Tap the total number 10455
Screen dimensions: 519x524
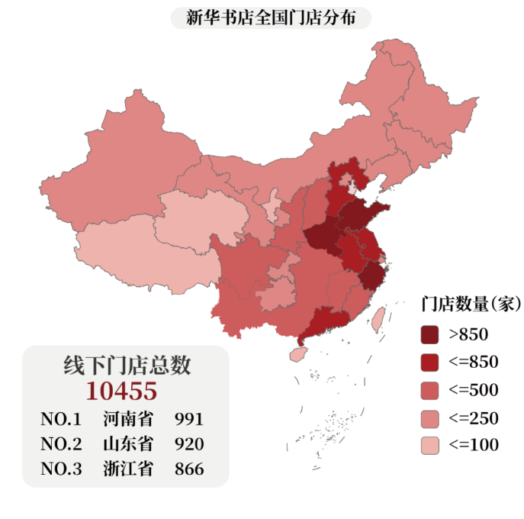pyautogui.click(x=121, y=391)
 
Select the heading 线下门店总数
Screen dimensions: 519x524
pyautogui.click(x=127, y=365)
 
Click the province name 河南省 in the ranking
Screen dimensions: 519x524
pyautogui.click(x=127, y=419)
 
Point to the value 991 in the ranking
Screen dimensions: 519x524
pyautogui.click(x=189, y=419)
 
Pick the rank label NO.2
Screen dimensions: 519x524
pyautogui.click(x=61, y=444)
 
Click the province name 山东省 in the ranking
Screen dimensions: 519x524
pyautogui.click(x=127, y=444)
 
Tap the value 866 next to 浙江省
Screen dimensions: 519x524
pyautogui.click(x=189, y=469)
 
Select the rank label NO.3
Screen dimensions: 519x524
pyautogui.click(x=61, y=469)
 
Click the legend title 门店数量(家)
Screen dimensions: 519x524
pyautogui.click(x=471, y=305)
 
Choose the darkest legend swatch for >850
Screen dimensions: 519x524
pyautogui.click(x=430, y=334)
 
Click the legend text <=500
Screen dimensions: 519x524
pyautogui.click(x=473, y=390)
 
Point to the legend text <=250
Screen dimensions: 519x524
pyautogui.click(x=473, y=418)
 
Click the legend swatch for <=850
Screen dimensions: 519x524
pyautogui.click(x=430, y=362)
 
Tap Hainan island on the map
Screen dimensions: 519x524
pyautogui.click(x=299, y=354)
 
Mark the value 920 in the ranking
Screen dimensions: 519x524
pyautogui.click(x=189, y=444)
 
